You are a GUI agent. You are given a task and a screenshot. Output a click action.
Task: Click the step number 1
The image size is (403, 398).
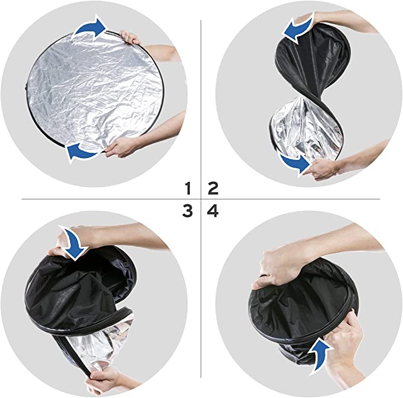tap(188, 189)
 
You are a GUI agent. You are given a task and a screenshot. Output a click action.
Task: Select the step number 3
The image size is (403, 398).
tap(188, 210)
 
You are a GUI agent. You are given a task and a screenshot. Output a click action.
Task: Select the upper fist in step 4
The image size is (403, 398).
tap(279, 267)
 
